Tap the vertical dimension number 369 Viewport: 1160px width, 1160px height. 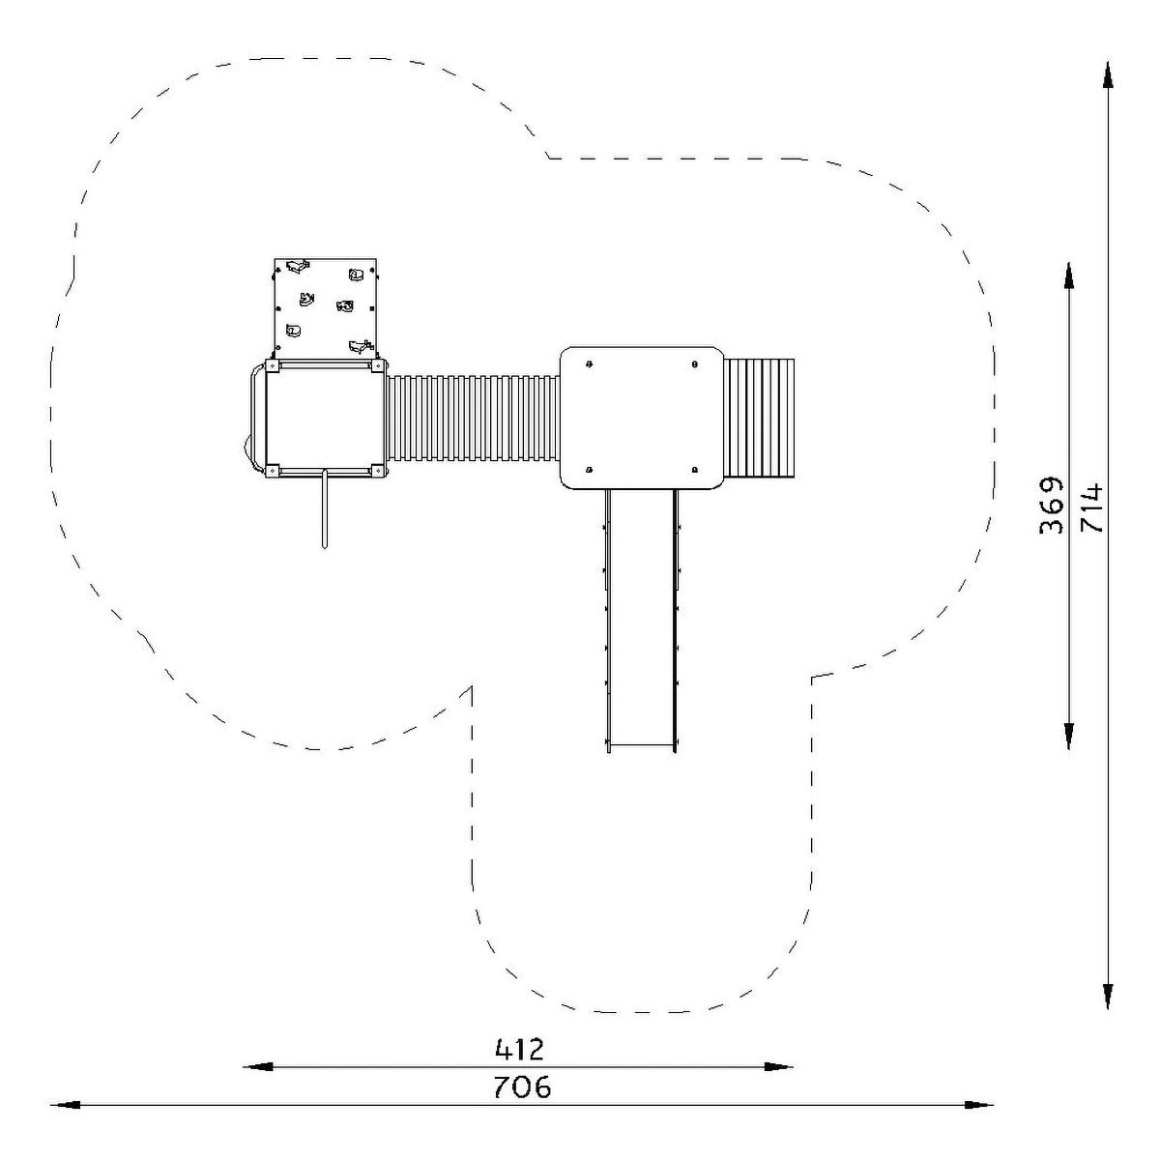coord(1051,506)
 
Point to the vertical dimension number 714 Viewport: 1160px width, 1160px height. coord(1091,507)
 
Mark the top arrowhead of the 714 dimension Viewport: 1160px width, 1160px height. coord(1108,75)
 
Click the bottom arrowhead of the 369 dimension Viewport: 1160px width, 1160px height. coord(1069,735)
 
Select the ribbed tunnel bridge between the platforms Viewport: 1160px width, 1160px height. coord(474,418)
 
